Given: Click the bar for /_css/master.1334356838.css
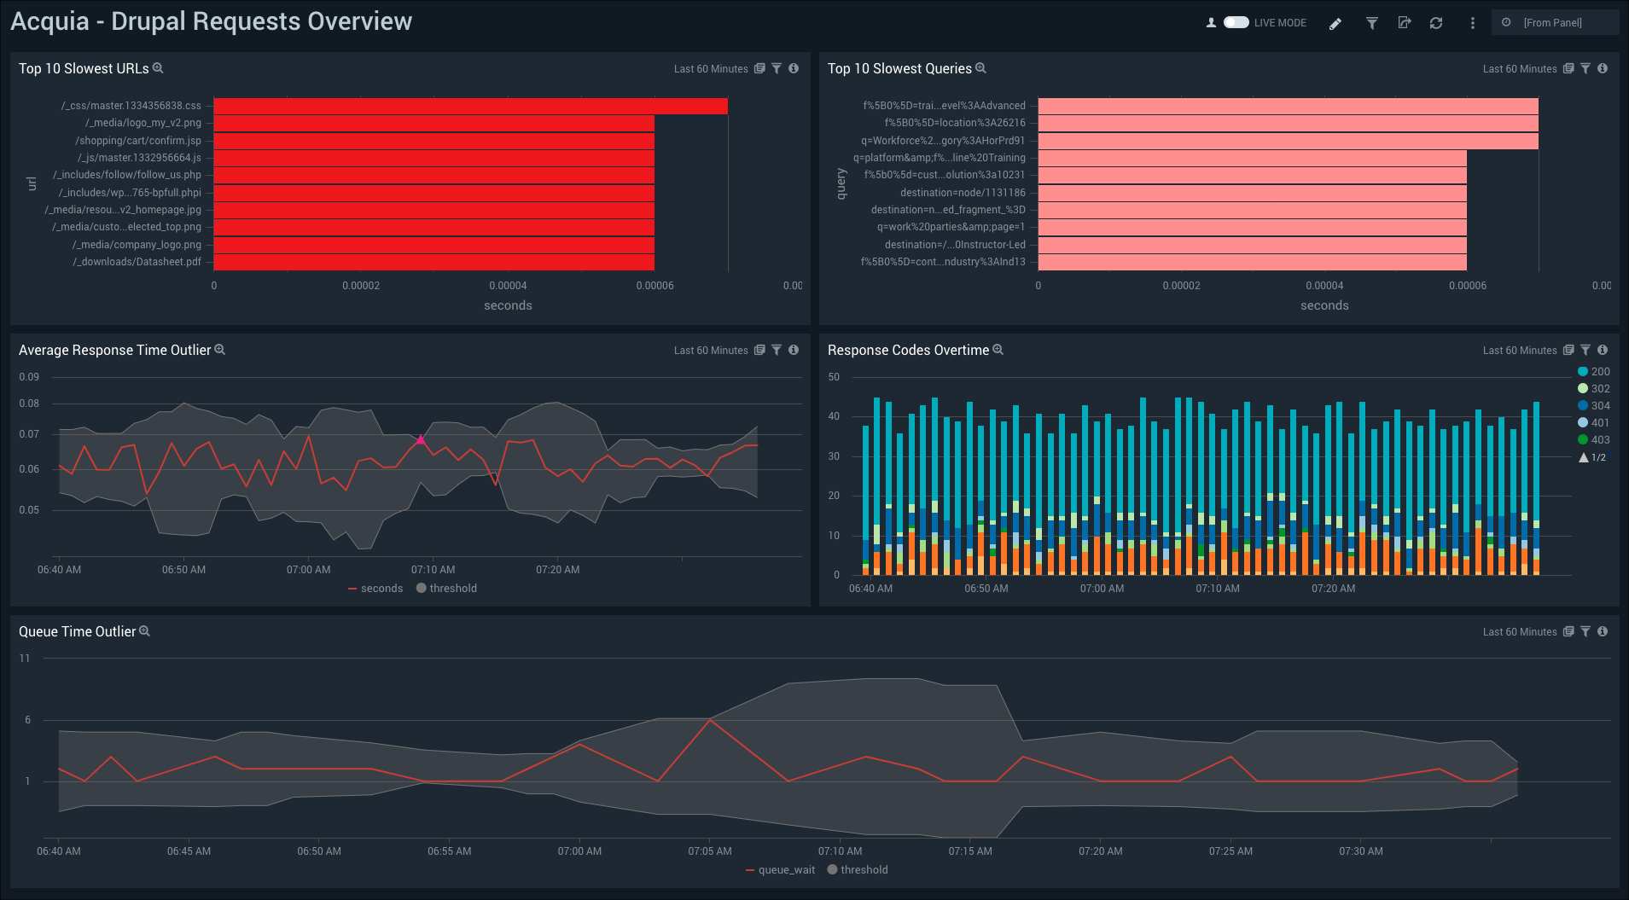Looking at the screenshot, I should click(470, 106).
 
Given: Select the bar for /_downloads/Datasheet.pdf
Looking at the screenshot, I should click(433, 262).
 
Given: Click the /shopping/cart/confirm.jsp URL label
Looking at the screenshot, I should click(138, 141).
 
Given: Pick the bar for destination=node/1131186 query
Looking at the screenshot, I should click(1252, 193).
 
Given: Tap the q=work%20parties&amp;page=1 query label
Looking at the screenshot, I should click(951, 227).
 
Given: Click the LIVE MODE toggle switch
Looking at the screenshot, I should click(1236, 23).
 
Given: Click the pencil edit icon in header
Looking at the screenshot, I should click(1335, 24).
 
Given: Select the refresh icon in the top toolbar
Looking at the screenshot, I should click(1436, 23).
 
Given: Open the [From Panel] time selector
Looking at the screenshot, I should click(1554, 23).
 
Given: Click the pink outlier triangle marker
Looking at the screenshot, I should click(421, 440).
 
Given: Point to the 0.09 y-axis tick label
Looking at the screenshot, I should click(29, 377).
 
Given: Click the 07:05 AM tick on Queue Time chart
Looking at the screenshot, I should click(710, 851).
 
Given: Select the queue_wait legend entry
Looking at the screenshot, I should click(780, 870).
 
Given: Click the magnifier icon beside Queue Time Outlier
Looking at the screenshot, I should click(145, 631).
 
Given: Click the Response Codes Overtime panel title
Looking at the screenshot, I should click(908, 351).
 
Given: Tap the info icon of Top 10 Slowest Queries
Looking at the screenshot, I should click(1603, 69).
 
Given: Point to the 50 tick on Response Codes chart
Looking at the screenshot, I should click(834, 377).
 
